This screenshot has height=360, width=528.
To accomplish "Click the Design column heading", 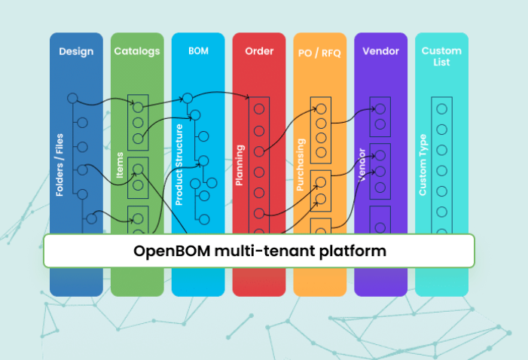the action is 76,51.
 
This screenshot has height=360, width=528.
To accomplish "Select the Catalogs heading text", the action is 137,51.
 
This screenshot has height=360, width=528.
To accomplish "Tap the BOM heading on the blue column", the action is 198,51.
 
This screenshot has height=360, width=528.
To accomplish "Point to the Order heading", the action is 259,51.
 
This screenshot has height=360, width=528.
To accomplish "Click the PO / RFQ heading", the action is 319,53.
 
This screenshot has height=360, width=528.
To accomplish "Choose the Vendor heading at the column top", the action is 380,51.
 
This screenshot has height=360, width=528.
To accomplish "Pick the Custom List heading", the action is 441,56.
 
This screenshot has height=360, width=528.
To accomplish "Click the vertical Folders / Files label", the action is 60,165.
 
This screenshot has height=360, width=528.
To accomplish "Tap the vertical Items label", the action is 120,165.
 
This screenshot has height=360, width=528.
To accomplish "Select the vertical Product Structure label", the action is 179,165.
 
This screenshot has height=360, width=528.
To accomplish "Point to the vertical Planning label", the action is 239,165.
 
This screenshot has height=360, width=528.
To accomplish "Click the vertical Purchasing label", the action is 300,165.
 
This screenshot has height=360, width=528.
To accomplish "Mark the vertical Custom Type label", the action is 423,165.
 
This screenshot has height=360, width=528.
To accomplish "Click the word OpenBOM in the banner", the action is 172,252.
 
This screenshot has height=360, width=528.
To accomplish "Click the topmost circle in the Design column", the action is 72,98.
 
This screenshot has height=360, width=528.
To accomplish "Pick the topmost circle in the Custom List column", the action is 442,108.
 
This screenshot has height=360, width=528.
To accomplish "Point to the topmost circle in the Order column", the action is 259,108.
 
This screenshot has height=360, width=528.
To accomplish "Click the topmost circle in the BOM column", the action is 188,98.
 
